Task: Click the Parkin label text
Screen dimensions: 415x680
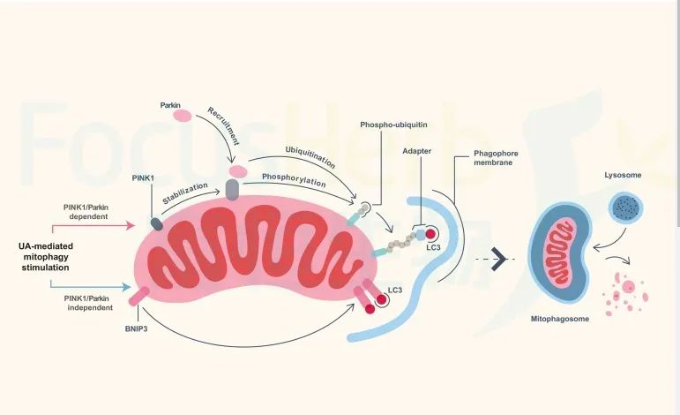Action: (170, 104)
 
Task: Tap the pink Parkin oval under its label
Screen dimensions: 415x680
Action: (182, 116)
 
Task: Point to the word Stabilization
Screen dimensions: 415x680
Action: (184, 193)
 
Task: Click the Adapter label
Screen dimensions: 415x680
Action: (416, 151)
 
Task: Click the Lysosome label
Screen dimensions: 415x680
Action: (623, 176)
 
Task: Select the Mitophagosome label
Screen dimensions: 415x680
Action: (560, 319)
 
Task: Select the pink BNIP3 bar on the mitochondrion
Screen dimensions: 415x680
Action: (137, 297)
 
